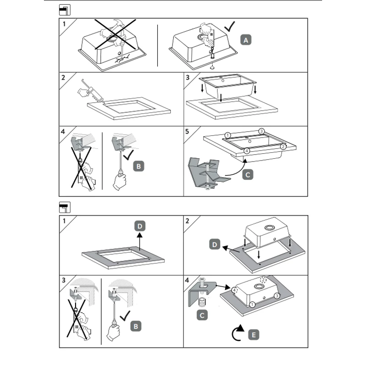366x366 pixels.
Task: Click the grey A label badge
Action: tap(246, 40)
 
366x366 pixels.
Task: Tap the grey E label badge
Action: tap(253, 335)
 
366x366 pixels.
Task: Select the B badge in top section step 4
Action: tap(139, 166)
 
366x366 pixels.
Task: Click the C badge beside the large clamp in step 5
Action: tap(248, 175)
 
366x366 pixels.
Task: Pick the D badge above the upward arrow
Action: tap(140, 226)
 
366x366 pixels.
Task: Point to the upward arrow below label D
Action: tap(140, 242)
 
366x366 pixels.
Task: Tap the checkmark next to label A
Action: tap(230, 27)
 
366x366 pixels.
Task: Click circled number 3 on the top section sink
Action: tap(261, 131)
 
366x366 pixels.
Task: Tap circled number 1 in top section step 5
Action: tap(227, 135)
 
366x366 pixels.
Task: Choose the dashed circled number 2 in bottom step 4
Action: tap(264, 280)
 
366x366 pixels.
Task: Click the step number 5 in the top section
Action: tap(187, 132)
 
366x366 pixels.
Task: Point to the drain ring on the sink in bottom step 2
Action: tap(269, 227)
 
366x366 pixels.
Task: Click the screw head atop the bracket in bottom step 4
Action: tap(202, 280)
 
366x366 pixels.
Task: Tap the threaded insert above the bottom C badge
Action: tap(202, 303)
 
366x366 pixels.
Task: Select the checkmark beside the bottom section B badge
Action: tap(125, 316)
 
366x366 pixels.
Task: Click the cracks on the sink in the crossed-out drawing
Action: tap(122, 59)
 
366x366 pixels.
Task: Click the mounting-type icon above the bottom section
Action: tap(65, 207)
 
